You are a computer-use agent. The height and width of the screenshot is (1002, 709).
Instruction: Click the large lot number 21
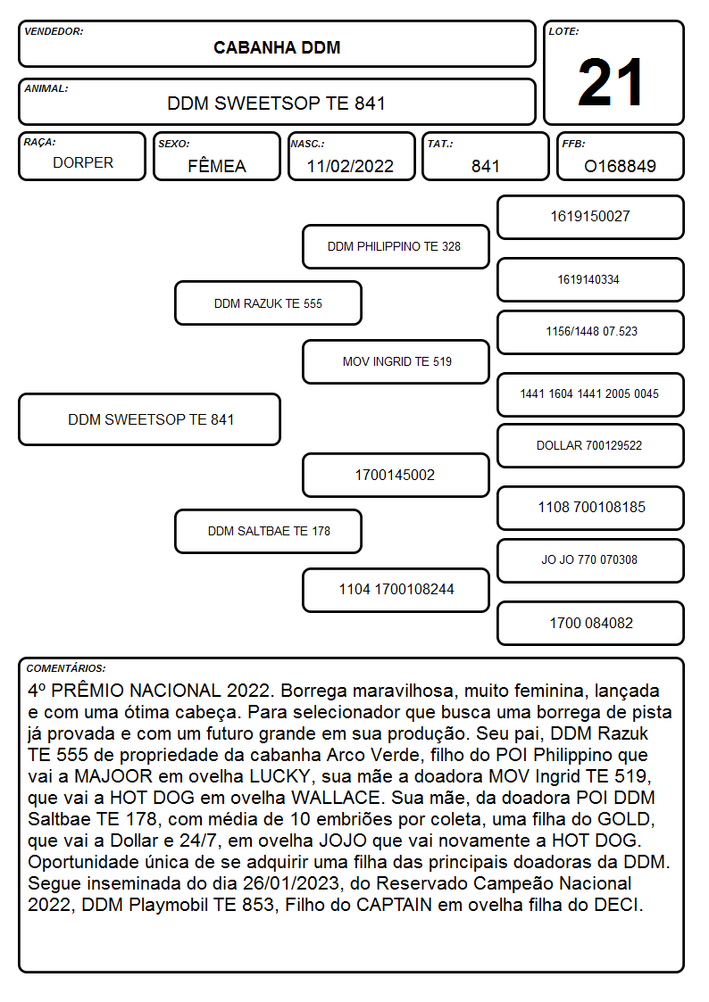pyautogui.click(x=610, y=82)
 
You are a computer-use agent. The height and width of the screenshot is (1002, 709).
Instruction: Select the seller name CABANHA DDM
pyautogui.click(x=277, y=48)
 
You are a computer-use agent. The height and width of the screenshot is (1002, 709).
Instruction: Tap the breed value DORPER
pyautogui.click(x=83, y=163)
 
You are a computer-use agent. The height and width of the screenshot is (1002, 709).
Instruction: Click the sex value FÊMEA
pyautogui.click(x=217, y=165)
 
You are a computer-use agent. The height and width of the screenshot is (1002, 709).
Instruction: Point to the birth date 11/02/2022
pyautogui.click(x=350, y=166)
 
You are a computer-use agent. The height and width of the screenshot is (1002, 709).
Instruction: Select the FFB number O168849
pyautogui.click(x=620, y=166)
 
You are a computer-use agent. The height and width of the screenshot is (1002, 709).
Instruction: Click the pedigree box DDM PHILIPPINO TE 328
pyautogui.click(x=396, y=246)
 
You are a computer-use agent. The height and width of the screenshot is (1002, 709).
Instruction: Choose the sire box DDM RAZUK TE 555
pyautogui.click(x=268, y=303)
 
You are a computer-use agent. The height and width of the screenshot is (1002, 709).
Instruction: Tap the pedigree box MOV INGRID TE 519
pyautogui.click(x=396, y=361)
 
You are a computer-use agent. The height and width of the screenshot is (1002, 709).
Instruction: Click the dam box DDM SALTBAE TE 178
pyautogui.click(x=268, y=531)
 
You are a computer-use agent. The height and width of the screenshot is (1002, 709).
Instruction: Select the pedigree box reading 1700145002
pyautogui.click(x=396, y=475)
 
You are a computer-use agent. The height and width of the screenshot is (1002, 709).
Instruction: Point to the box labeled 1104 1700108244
pyautogui.click(x=396, y=590)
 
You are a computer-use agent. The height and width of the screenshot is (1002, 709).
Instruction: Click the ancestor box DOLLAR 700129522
pyautogui.click(x=590, y=445)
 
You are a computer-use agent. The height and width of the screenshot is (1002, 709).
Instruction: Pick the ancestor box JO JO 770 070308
pyautogui.click(x=590, y=559)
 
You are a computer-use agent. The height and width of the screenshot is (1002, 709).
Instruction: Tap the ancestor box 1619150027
pyautogui.click(x=590, y=217)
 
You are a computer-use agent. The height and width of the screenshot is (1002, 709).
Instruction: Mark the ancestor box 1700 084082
pyautogui.click(x=590, y=623)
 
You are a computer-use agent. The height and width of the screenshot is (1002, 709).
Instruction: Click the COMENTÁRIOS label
pyautogui.click(x=66, y=668)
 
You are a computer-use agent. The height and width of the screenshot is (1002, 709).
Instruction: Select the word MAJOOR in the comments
pyautogui.click(x=113, y=776)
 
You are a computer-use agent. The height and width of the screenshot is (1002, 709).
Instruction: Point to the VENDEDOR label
pyautogui.click(x=54, y=31)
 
